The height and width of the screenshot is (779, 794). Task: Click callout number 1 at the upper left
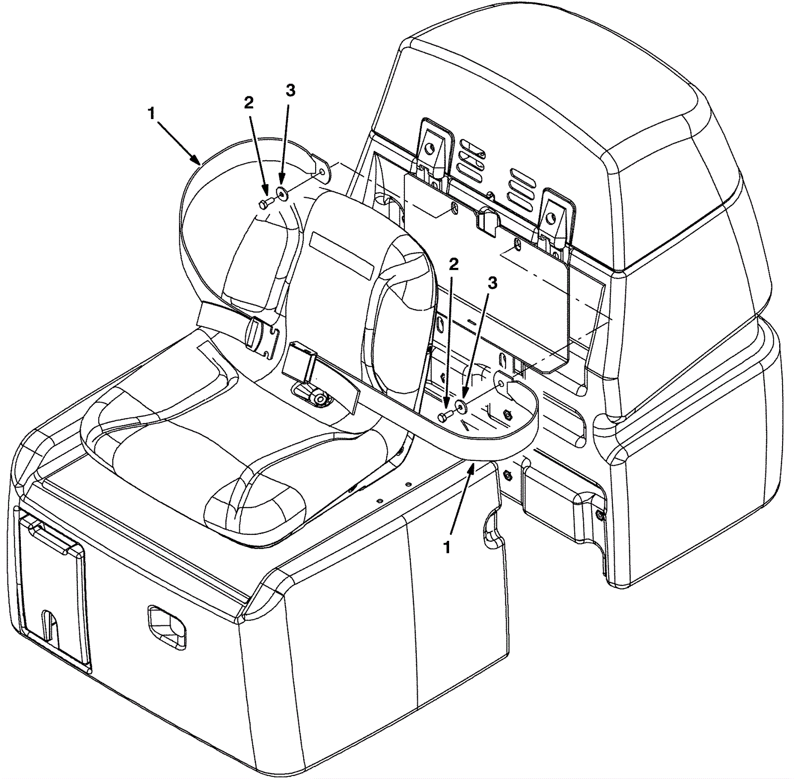point(151,113)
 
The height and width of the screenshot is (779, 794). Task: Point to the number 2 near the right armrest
point(453,264)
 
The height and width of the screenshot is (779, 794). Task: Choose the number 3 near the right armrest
point(492,282)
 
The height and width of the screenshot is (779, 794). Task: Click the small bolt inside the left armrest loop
point(264,202)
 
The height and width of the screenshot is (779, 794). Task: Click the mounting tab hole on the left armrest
point(324,171)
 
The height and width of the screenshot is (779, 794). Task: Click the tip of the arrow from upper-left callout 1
point(200,163)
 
